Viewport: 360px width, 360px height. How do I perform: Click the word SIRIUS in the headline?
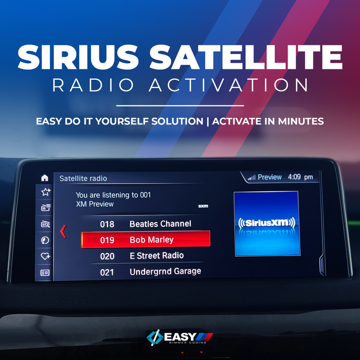pos(78,57)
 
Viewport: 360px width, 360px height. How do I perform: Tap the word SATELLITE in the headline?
pos(246,57)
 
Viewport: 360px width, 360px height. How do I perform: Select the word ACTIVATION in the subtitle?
pos(228,85)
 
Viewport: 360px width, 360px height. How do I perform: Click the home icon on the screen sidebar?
pos(45,178)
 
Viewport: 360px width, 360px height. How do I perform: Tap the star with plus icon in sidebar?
pos(46,192)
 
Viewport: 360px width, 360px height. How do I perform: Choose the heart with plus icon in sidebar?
pos(45,256)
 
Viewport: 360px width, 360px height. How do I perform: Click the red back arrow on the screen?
pos(63,231)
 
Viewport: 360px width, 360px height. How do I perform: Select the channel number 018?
pos(107,224)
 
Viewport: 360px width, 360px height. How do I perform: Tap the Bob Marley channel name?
pos(152,240)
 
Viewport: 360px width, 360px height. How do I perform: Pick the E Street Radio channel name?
pos(156,256)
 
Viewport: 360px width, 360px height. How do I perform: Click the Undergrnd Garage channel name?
pos(165,272)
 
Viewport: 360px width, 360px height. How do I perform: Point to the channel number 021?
pos(107,273)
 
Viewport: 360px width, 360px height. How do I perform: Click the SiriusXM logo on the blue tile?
pos(267,223)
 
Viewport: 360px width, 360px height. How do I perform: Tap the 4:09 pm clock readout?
pos(300,177)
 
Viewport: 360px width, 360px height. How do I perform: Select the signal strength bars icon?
pos(252,177)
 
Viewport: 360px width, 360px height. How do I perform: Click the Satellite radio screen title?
pos(83,178)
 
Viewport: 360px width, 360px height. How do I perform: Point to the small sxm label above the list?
pos(203,206)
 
